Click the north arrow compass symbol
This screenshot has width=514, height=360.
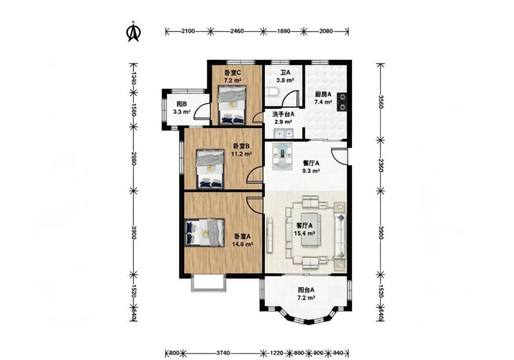click(x=133, y=32)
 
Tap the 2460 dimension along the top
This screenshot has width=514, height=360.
click(x=237, y=31)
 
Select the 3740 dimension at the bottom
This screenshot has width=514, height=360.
click(x=223, y=353)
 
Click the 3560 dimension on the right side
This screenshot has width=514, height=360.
click(x=381, y=102)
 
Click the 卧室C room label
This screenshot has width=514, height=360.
click(x=233, y=73)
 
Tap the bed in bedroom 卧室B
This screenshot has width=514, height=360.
click(x=210, y=169)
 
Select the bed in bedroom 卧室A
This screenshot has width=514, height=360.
click(x=205, y=232)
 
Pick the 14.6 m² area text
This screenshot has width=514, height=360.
click(x=243, y=244)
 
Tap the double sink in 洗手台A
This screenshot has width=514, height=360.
click(x=284, y=134)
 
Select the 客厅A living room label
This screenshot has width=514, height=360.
click(x=304, y=226)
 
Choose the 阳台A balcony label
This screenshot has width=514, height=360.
click(x=306, y=290)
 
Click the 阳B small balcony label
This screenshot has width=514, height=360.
click(x=182, y=104)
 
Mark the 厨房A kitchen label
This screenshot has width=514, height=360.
click(x=323, y=94)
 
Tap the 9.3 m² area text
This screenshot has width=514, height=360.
click(x=311, y=171)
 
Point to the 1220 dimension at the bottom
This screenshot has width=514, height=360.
click(x=277, y=353)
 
